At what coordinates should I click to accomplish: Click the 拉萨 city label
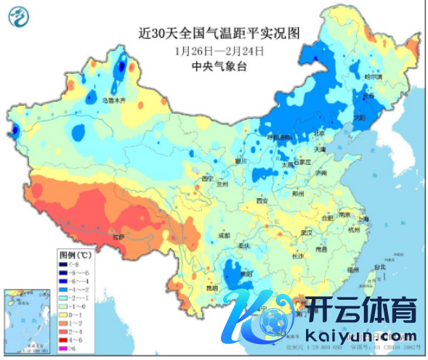(x=118, y=237)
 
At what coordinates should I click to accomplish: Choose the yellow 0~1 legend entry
(x=65, y=314)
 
